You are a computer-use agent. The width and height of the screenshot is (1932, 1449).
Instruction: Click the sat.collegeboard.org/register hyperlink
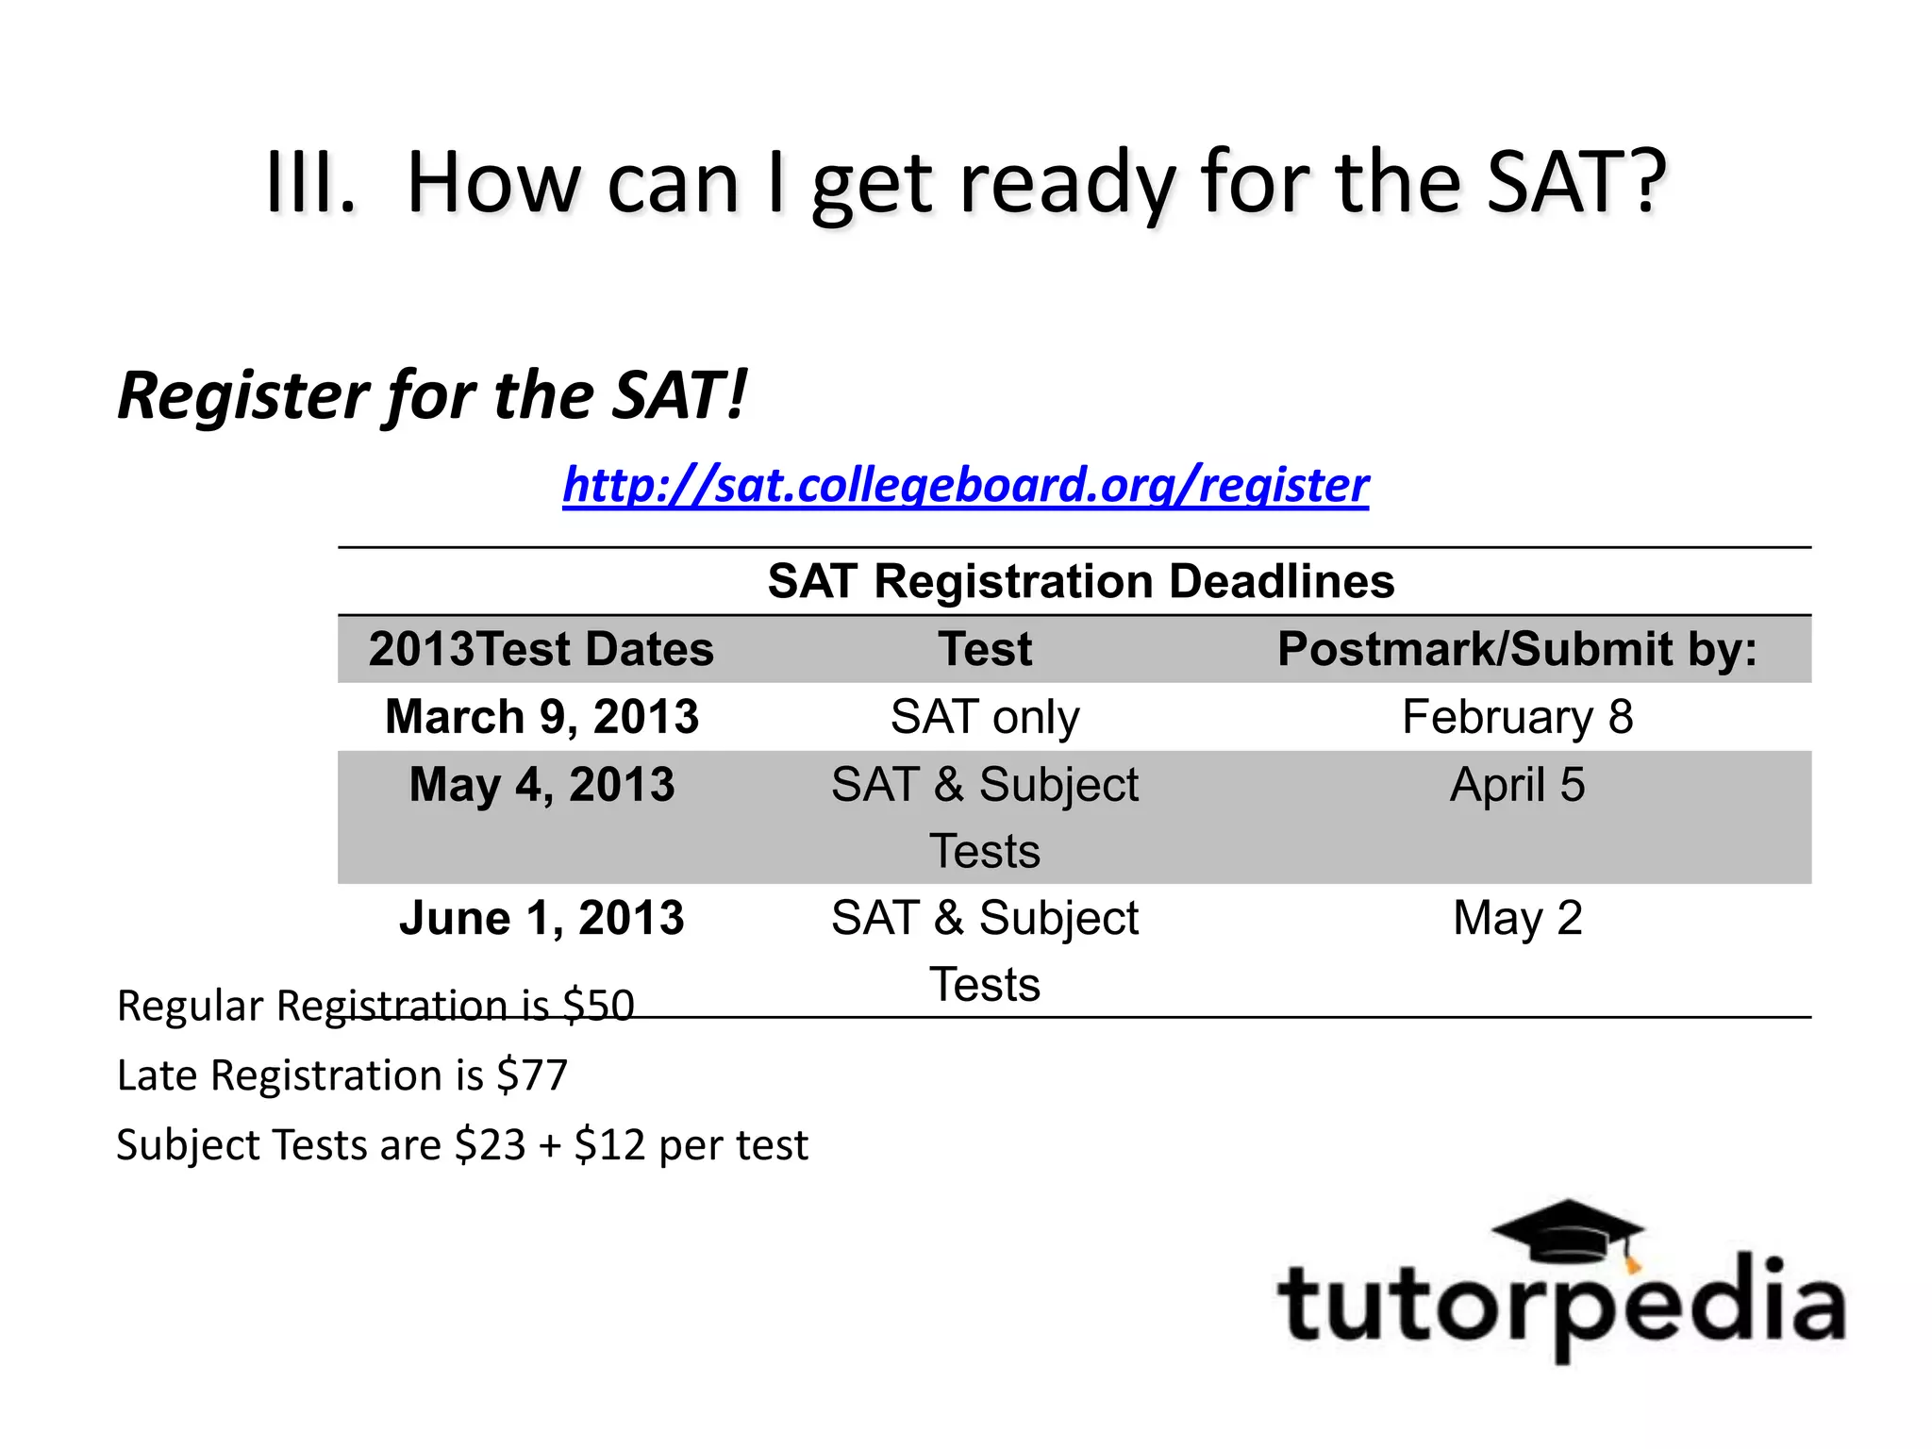coord(965,485)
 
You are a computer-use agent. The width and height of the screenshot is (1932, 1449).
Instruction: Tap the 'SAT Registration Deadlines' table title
coord(1080,581)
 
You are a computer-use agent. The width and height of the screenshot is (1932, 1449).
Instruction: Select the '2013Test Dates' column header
coord(541,649)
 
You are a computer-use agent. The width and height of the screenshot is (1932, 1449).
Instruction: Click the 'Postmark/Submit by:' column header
coord(1517,649)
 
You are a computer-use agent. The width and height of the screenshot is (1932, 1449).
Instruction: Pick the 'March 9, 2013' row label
coord(542,717)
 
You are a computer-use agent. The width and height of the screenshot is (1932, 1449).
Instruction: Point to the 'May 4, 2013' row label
coord(542,785)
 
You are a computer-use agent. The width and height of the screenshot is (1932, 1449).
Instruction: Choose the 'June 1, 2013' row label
coord(542,918)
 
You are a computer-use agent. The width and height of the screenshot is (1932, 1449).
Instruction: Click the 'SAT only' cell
coord(985,717)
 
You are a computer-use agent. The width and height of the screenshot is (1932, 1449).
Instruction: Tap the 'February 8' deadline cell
coord(1517,717)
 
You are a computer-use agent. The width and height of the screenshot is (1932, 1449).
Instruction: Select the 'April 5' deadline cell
coord(1517,785)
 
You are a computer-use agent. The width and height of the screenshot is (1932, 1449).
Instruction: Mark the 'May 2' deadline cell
coord(1517,918)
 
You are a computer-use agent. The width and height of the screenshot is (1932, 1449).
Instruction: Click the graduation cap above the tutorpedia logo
coord(1568,1231)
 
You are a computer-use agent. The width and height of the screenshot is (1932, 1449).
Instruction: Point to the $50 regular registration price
coord(598,1006)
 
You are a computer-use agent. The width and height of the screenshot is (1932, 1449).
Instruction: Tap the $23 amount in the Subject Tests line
coord(490,1145)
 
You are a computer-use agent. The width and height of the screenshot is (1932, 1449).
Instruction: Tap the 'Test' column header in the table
coord(985,649)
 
